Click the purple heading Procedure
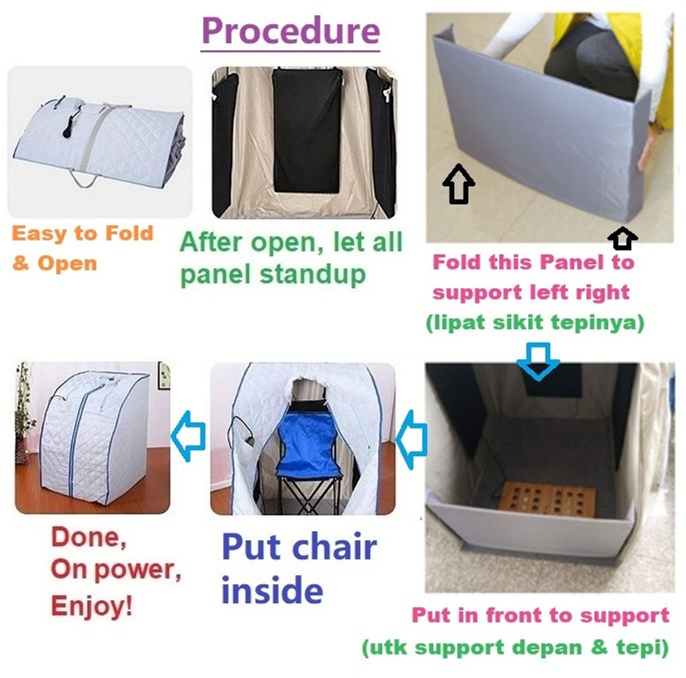tap(291, 31)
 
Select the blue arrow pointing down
tap(538, 360)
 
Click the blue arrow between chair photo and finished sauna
tap(188, 435)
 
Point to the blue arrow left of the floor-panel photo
tap(411, 439)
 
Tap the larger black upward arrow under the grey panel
tap(458, 184)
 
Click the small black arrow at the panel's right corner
tap(622, 238)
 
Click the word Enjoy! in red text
tap(91, 606)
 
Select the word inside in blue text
tap(272, 590)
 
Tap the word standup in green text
tap(312, 275)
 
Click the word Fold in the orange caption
tap(129, 233)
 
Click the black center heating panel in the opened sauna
tap(306, 131)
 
